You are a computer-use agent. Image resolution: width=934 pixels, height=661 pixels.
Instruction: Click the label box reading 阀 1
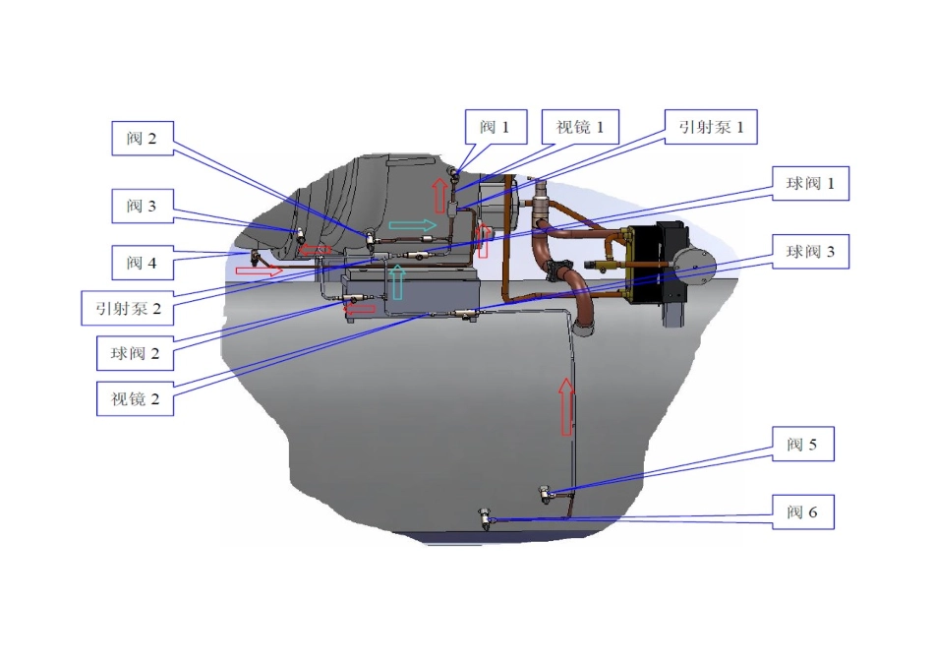click(x=496, y=127)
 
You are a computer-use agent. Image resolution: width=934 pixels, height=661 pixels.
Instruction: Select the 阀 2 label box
click(x=143, y=139)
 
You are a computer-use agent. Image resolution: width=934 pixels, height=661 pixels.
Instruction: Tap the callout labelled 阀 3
click(x=143, y=207)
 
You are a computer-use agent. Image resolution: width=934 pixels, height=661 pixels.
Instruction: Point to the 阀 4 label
click(x=143, y=263)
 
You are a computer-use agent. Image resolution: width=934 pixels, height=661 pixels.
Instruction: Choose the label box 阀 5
click(x=802, y=444)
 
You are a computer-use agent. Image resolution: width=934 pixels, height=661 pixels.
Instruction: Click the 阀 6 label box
click(x=802, y=512)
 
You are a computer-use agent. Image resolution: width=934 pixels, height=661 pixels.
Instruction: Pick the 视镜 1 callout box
click(x=580, y=127)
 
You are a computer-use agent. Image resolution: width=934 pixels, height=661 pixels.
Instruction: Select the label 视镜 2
click(x=136, y=398)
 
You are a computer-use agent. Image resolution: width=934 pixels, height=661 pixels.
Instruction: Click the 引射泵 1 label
click(x=711, y=127)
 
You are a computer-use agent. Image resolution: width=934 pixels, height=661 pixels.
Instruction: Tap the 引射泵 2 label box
click(x=128, y=308)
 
